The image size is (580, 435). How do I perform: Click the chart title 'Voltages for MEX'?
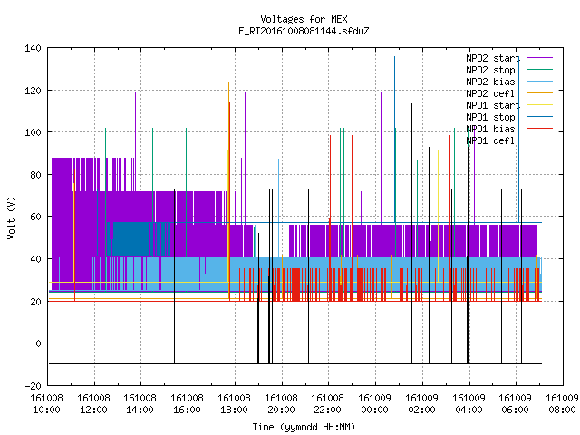pos(304,19)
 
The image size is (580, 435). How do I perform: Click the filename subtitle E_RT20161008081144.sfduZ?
pos(304,31)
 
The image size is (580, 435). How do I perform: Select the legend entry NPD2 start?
pos(493,58)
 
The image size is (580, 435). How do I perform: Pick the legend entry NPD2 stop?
pos(490,70)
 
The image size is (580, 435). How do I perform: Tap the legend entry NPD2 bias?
pos(490,82)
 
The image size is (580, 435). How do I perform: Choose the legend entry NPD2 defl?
pos(490,93)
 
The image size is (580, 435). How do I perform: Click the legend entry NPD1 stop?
pos(490,117)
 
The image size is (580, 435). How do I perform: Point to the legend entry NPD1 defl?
pos(490,141)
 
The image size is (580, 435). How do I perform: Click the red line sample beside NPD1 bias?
pos(539,129)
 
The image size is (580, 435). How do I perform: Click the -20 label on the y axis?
pos(33,386)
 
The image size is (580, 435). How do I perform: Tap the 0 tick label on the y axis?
pos(38,343)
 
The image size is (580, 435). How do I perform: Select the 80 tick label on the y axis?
pos(36,175)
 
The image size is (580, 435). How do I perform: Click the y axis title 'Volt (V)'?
pos(11,217)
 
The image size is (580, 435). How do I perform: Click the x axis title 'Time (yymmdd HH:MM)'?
pos(304,427)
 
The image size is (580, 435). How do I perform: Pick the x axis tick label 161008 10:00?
pos(46,404)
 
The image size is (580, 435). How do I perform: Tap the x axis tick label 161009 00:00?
pos(374,404)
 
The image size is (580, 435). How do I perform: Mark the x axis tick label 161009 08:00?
pos(562,404)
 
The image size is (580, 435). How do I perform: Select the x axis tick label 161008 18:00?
pos(234,404)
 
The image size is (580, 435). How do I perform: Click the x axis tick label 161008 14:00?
pos(140,404)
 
